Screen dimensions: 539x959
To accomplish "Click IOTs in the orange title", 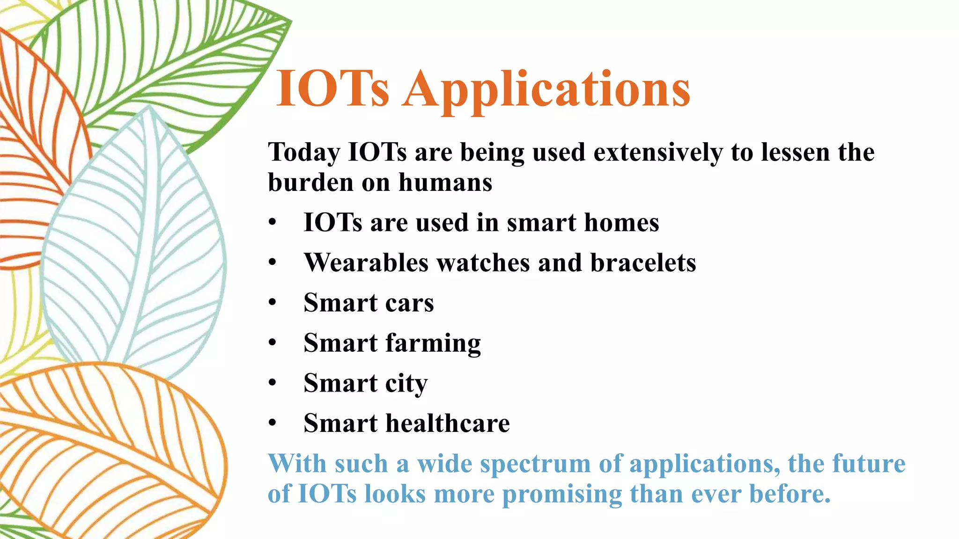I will (332, 89).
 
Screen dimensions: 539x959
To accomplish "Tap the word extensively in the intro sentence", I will (658, 153).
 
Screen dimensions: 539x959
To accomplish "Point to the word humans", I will (445, 182).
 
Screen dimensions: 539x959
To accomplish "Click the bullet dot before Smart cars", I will (273, 303).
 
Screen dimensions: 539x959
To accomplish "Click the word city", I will (406, 384).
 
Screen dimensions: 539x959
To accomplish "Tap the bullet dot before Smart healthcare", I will (273, 423).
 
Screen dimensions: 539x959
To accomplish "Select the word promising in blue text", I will (562, 495).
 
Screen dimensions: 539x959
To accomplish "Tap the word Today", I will (304, 153).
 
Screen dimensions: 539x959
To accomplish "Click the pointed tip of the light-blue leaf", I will (149, 107).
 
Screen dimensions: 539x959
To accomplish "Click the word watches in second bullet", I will (483, 263).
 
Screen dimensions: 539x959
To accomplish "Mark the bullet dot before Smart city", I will (273, 383).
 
